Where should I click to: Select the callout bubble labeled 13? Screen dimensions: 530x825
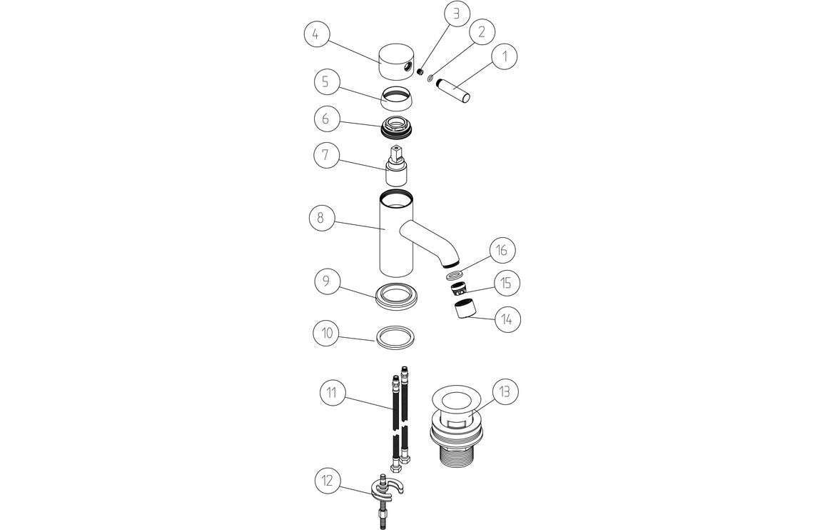pos(504,391)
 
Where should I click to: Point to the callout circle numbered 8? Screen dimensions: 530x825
pos(320,219)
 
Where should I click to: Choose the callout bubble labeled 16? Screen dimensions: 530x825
pos(502,251)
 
